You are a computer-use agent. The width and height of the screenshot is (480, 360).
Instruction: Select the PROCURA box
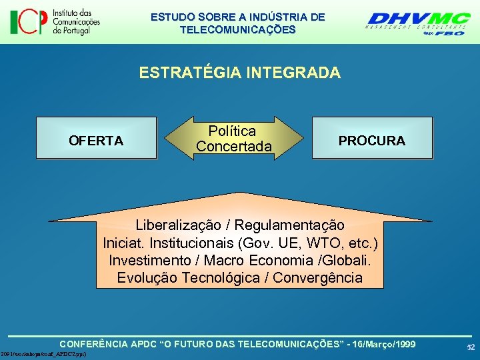click(372, 139)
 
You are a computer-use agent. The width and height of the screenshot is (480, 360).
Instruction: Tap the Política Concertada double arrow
click(234, 139)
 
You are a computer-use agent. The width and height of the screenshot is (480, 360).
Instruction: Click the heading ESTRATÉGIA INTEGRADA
click(239, 73)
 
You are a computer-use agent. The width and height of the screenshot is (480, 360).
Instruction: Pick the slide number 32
click(470, 347)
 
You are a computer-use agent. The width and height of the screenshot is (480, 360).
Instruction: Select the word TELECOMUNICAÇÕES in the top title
click(237, 30)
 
